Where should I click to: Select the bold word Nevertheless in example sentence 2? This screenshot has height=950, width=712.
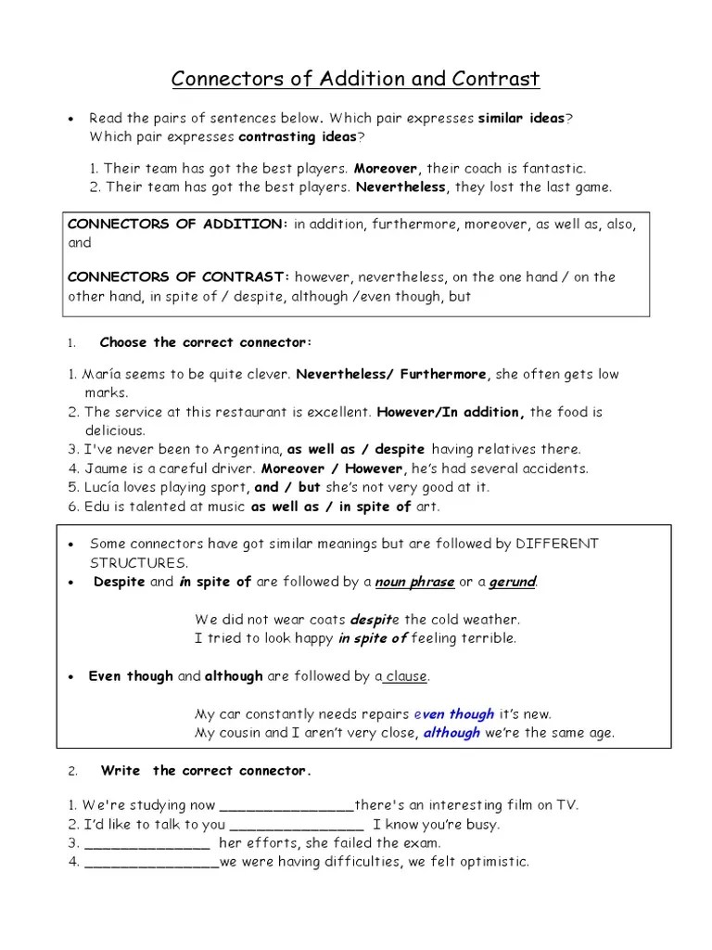tap(400, 186)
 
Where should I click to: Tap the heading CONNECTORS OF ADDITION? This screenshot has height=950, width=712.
tap(177, 225)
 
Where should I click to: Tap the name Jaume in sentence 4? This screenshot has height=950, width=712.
tap(106, 469)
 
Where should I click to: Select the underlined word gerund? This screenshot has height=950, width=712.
tap(513, 582)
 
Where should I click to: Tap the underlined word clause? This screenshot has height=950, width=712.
tap(406, 676)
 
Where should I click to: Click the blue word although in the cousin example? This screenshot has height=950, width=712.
tap(452, 733)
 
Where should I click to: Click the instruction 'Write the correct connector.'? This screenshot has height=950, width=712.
tap(206, 771)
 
